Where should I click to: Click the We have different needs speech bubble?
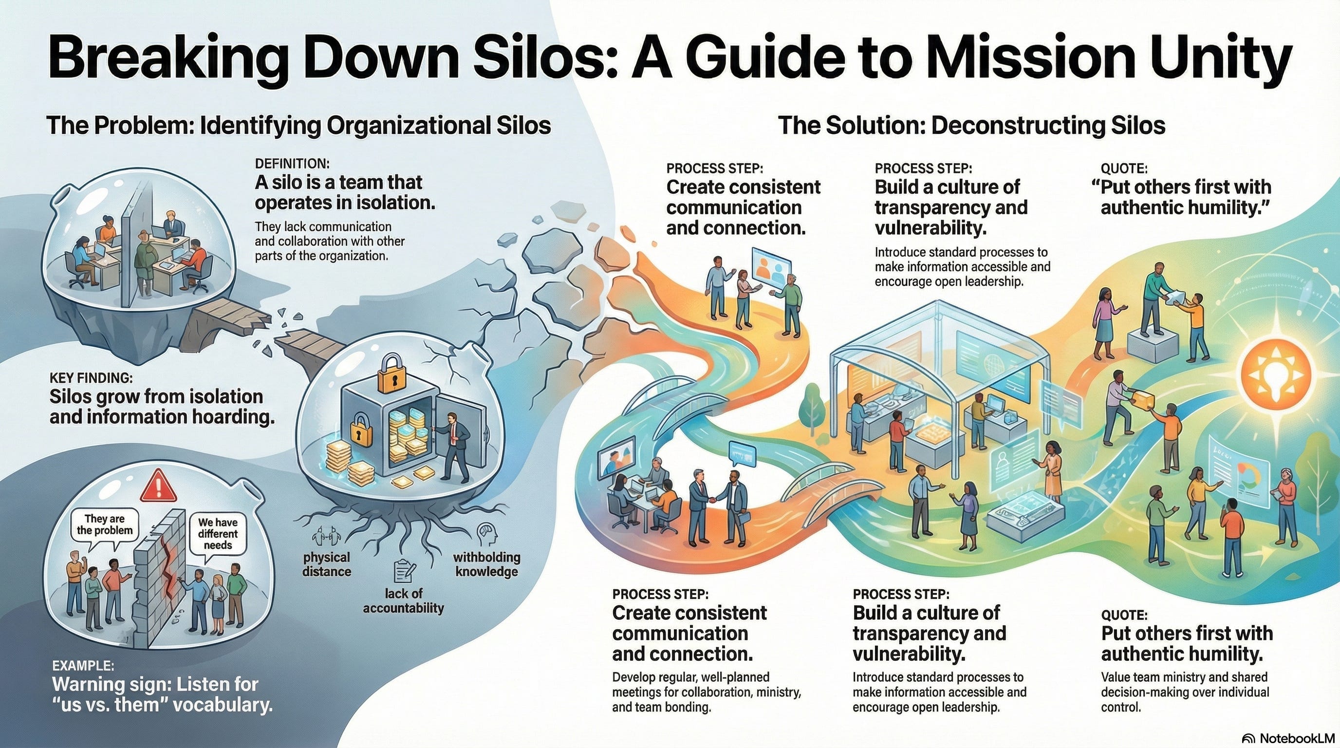[x=218, y=534]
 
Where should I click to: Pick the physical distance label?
[x=327, y=564]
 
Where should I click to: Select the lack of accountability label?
[x=403, y=601]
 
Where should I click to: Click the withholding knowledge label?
[x=486, y=564]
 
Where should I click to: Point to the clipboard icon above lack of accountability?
[x=404, y=571]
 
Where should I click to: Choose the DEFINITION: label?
[x=292, y=163]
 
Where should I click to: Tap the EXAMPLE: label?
[x=83, y=665]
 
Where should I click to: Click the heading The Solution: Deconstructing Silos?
[x=971, y=126]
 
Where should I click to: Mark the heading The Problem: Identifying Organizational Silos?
[x=298, y=126]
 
